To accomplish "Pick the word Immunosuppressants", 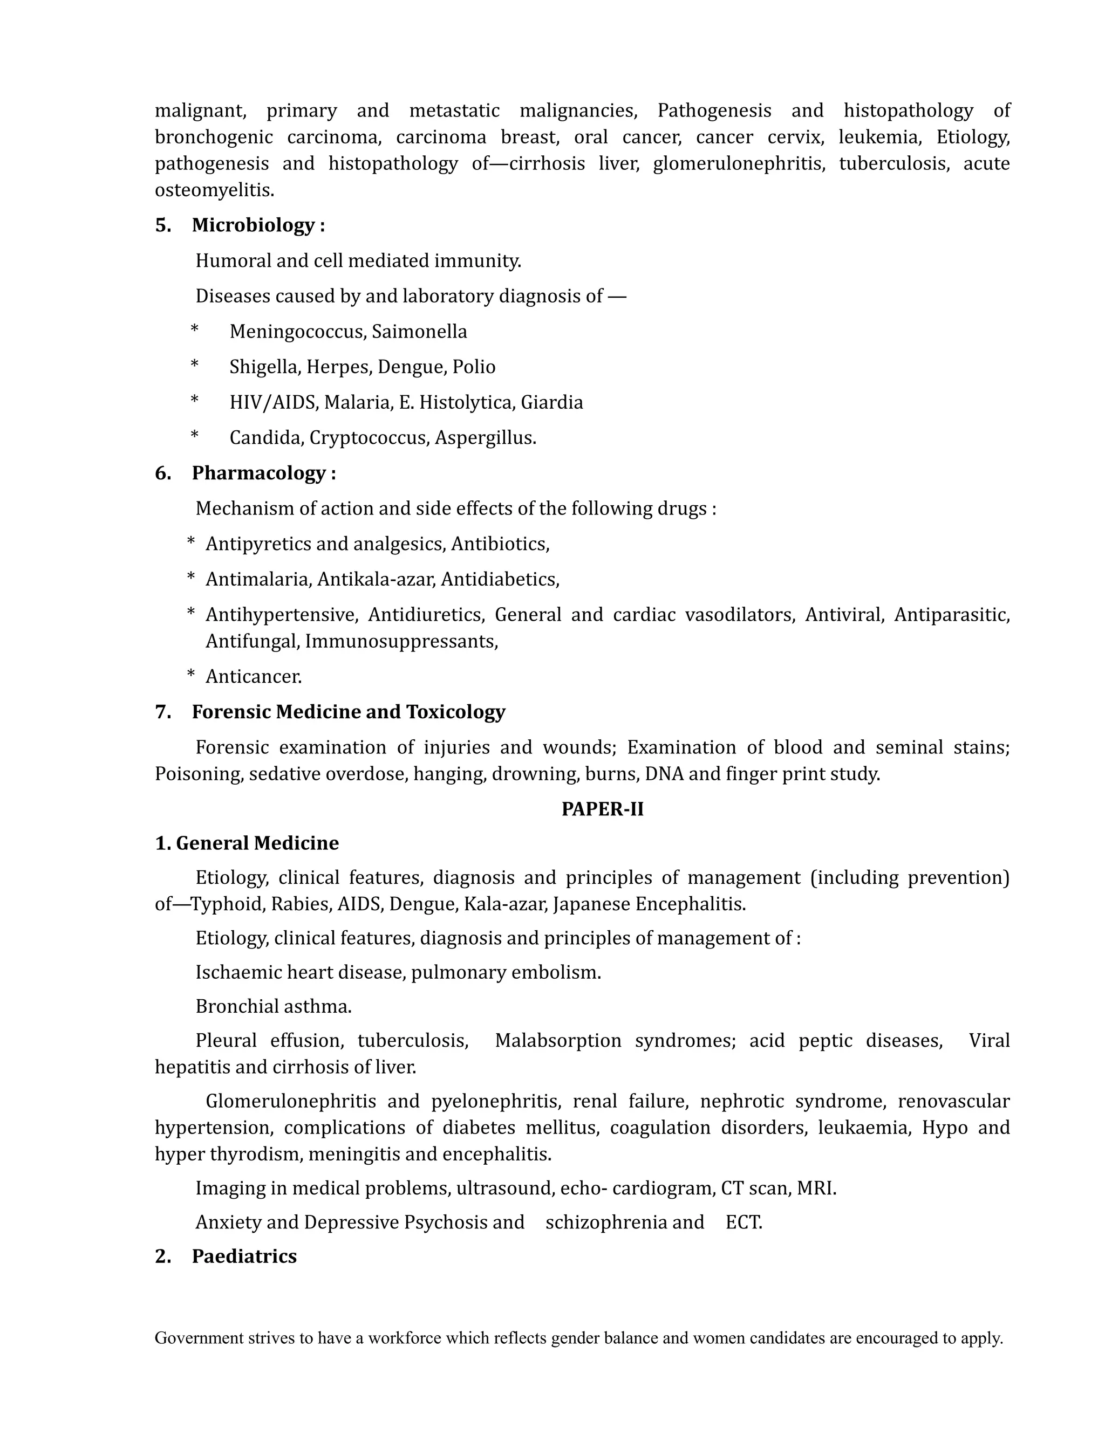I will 401,641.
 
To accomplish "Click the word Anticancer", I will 254,677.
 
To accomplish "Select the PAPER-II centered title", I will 602,809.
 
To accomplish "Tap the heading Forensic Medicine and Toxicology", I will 348,712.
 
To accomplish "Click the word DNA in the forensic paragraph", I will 664,774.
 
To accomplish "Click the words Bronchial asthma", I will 274,1006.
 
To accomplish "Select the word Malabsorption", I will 558,1041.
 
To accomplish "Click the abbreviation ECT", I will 743,1222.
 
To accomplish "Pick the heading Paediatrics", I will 244,1256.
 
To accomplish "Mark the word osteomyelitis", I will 214,190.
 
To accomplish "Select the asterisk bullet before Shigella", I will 194,366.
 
